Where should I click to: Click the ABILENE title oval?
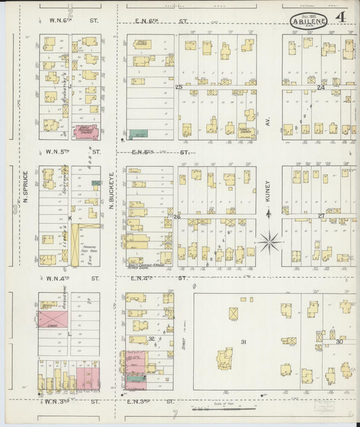point(309,21)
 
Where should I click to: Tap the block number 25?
point(179,87)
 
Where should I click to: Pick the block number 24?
point(321,87)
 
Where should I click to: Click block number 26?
point(177,217)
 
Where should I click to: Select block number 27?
point(321,216)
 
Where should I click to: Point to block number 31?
point(242,342)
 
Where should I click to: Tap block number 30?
point(340,342)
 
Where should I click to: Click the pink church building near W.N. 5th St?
point(84,132)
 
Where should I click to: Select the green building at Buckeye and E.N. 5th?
point(138,134)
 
